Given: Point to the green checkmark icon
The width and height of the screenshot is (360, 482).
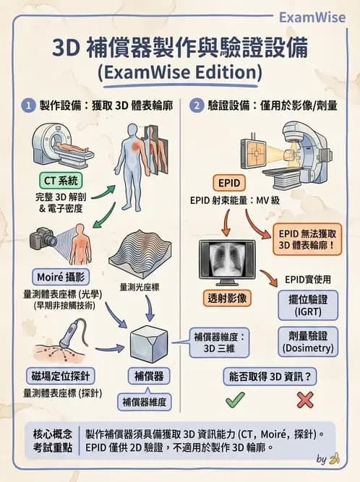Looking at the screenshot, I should pos(235,399).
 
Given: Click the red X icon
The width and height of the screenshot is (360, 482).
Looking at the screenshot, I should pos(305,399).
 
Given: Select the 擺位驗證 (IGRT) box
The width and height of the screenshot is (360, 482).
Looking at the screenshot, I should pos(307,305).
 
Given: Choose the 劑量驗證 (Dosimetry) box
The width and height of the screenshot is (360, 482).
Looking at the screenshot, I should pos(307,341).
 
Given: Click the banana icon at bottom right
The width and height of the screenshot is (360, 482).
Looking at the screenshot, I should pos(334,458).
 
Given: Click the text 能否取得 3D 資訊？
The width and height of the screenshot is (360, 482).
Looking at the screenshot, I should pos(270,376).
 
